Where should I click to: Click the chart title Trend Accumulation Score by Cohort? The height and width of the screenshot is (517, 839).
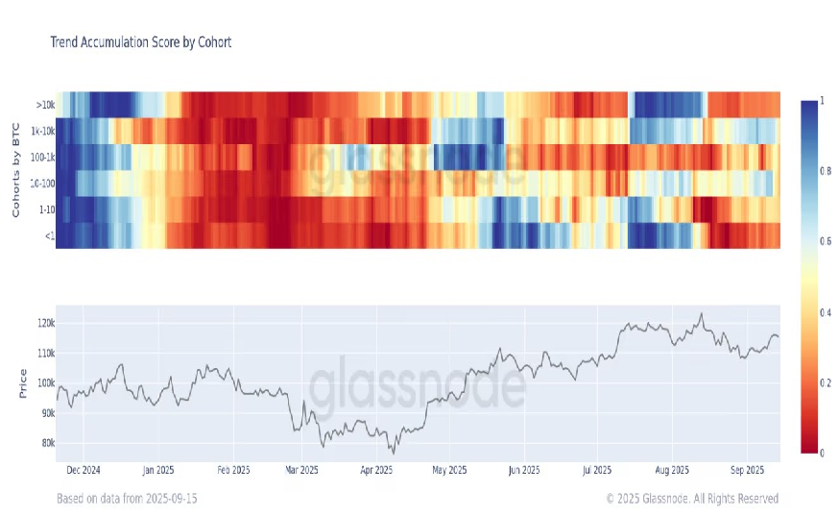140,42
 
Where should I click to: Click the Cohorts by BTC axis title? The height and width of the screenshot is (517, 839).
16,169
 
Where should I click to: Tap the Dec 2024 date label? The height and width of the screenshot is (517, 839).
83,471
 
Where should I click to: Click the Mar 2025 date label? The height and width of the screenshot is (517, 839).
302,471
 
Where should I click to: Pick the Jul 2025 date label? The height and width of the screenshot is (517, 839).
597,471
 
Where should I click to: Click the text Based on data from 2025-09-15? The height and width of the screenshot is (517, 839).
127,499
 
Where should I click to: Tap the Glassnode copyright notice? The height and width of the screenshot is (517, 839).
692,499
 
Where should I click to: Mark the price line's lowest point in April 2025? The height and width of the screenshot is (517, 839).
392,453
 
